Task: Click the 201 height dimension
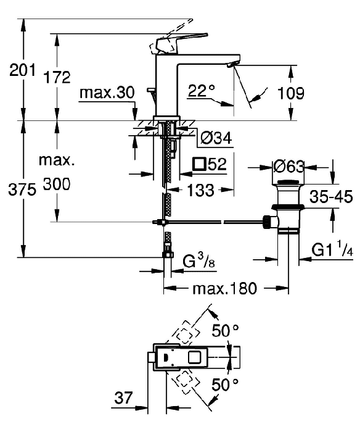[x=23, y=70]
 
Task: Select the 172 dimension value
[x=57, y=77]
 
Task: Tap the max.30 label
[x=107, y=93]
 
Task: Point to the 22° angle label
[x=201, y=90]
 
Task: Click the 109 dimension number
[x=290, y=93]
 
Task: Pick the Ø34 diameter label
[x=216, y=138]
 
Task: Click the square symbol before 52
[x=199, y=164]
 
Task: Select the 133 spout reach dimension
[x=200, y=190]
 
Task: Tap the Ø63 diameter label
[x=288, y=167]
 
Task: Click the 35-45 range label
[x=331, y=197]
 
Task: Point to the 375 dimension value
[x=22, y=189]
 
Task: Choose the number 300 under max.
[x=57, y=184]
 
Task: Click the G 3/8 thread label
[x=198, y=261]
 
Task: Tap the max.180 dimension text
[x=224, y=288]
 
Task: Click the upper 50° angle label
[x=225, y=330]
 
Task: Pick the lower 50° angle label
[x=225, y=385]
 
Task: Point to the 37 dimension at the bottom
[x=123, y=397]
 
